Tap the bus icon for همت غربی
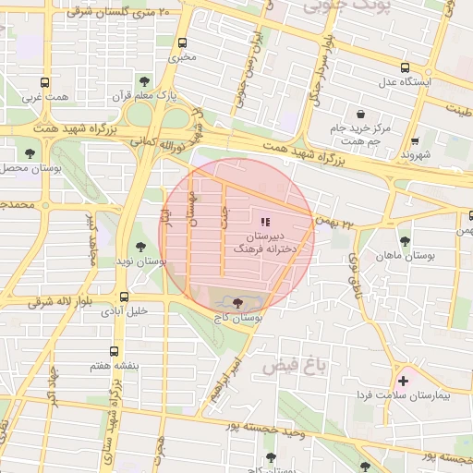pos(45,82)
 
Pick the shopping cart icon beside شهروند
pos(415,141)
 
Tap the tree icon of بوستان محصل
pos(30,153)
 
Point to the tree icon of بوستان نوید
pos(139,246)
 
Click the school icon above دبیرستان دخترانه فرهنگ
pos(266,221)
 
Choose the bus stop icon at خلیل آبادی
pos(124,297)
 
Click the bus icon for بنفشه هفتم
pos(114,351)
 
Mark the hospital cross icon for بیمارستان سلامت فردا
pos(403,380)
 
